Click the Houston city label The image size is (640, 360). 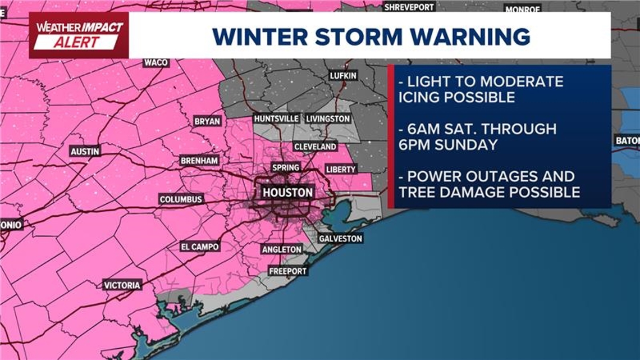coord(287,193)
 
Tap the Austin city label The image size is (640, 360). coord(85,152)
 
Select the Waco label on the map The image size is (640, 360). coord(156,62)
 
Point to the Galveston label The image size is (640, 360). coord(340,239)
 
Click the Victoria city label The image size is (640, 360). coord(122,285)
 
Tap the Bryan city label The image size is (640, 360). coord(207,121)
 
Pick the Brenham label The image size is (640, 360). coord(199,161)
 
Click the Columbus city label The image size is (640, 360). coord(181,199)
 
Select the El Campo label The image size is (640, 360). coord(199,247)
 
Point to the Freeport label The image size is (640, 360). coord(287,271)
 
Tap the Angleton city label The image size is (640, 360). coord(282,249)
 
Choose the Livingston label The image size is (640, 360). coord(328,119)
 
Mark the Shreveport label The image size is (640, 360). coord(409,7)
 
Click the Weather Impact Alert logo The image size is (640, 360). coord(79,35)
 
